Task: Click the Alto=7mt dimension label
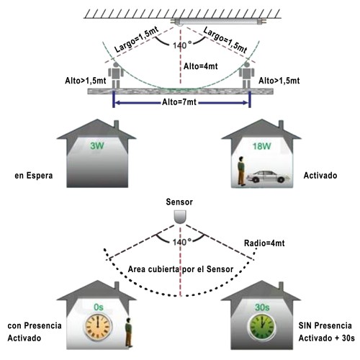point(179,102)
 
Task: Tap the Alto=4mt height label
point(201,66)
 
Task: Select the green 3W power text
point(97,145)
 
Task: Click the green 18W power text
point(261,146)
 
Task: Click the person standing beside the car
point(241,171)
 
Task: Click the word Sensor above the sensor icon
point(179,202)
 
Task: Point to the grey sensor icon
point(180,217)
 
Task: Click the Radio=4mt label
point(264,243)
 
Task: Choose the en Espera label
point(34,176)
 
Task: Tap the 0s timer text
point(99,307)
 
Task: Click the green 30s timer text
point(262,307)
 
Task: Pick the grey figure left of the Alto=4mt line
point(116,76)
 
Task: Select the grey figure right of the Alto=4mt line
point(246,76)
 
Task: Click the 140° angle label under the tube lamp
point(182,45)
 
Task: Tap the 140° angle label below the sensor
point(182,242)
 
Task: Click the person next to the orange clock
point(129,333)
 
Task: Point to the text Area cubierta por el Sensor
point(181,269)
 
